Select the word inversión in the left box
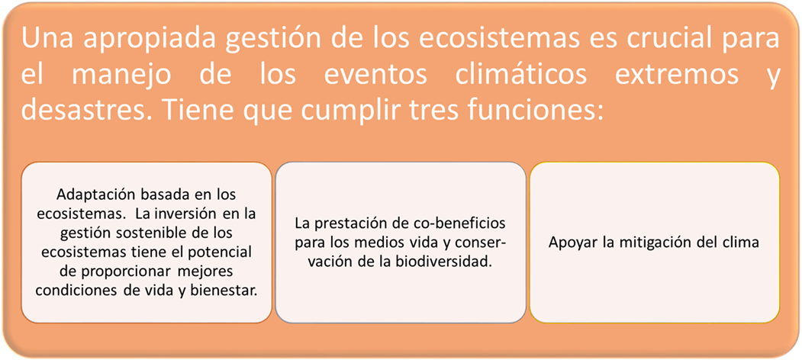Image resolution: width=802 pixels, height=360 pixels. [198, 214]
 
